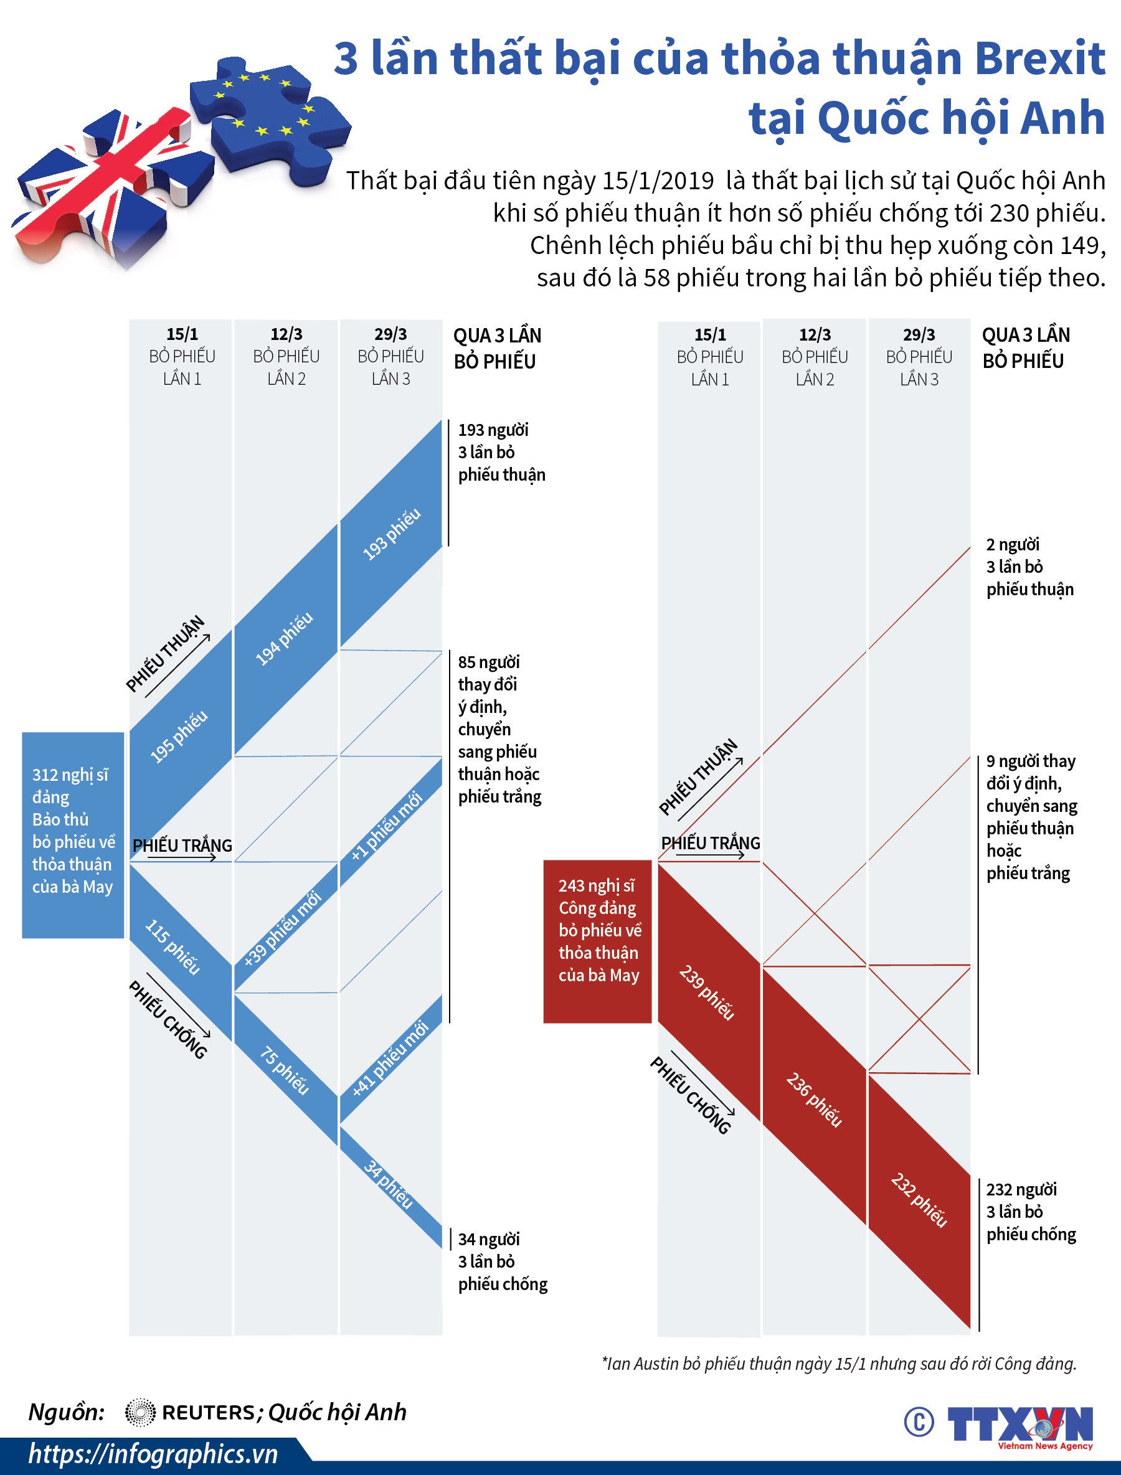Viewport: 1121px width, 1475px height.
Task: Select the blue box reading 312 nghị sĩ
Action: pos(73,834)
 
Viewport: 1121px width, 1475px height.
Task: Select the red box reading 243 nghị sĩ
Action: pos(597,941)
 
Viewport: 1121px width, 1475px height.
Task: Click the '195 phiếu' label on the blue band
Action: pos(179,737)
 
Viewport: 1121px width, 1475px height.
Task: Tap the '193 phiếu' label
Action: pos(392,534)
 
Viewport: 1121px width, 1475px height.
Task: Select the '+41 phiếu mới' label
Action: pos(390,1058)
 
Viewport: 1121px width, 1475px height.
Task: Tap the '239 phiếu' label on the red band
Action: pos(707,992)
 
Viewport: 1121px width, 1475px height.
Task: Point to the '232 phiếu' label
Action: pos(919,1199)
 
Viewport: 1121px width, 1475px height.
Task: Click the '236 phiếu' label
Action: pos(813,1100)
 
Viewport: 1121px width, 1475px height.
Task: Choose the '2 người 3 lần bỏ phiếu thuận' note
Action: pos(1028,567)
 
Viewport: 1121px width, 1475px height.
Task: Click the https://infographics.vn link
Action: pos(153,1454)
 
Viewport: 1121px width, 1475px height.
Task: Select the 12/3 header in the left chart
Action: pos(286,334)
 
